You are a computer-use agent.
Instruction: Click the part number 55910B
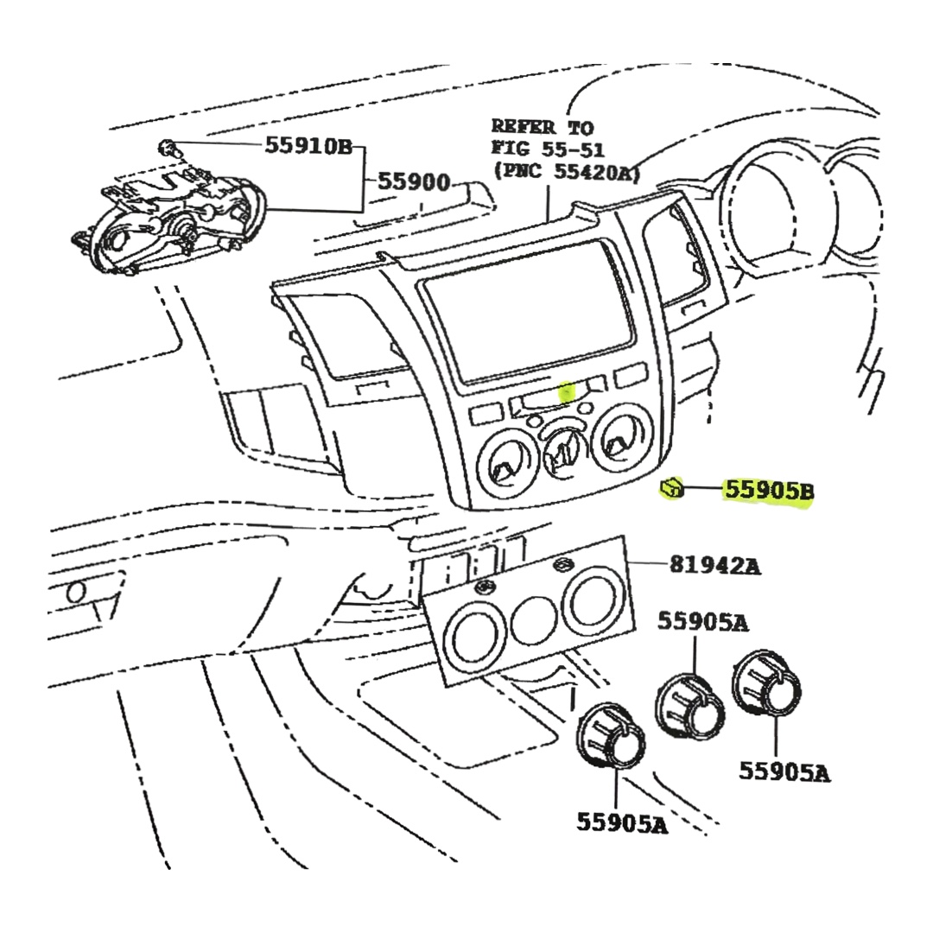[x=308, y=146]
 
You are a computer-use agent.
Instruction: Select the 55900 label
[x=414, y=182]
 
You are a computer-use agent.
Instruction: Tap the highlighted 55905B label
[x=768, y=491]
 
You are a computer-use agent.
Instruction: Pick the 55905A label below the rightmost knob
[x=784, y=771]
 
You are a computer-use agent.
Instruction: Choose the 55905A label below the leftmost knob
[x=622, y=823]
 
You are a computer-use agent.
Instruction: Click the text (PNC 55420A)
[x=566, y=171]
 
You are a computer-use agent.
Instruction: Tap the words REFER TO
[x=542, y=127]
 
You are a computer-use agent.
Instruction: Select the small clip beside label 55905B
[x=672, y=490]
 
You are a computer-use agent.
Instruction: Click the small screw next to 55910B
[x=168, y=146]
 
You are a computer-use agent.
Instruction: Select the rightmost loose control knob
[x=766, y=683]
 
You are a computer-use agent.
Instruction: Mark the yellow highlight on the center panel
[x=567, y=393]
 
